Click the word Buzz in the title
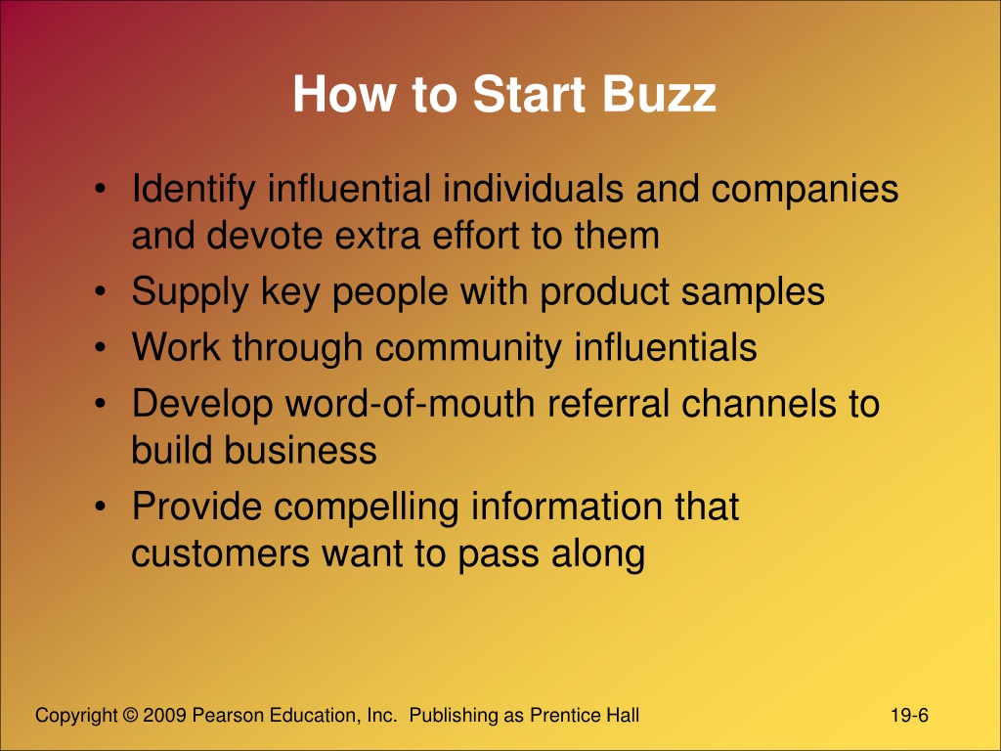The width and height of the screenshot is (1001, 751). tap(659, 95)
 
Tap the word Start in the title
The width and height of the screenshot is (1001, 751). tap(529, 95)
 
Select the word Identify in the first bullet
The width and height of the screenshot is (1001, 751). tap(194, 191)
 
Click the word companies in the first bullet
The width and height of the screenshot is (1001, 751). tap(805, 191)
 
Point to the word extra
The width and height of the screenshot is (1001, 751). tap(377, 236)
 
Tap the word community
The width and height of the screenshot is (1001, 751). tap(468, 349)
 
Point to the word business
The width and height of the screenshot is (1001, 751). tap(300, 450)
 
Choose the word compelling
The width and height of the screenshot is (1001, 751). tap(367, 508)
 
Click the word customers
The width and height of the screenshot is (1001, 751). tap(220, 553)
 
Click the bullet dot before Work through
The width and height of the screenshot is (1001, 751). tap(101, 348)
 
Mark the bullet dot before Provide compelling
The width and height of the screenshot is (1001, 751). tap(101, 507)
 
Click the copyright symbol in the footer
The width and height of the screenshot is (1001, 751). tap(130, 715)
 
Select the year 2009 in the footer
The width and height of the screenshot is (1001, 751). tap(164, 715)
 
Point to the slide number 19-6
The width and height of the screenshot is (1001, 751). tap(910, 715)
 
